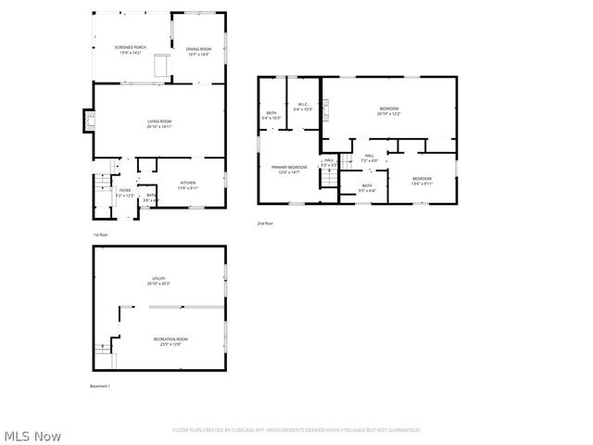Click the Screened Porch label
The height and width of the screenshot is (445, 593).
(130, 50)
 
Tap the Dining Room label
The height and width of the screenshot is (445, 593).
(198, 52)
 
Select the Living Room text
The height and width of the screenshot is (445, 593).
(160, 123)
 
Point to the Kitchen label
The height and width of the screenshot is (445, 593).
(187, 184)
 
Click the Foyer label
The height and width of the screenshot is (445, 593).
(124, 193)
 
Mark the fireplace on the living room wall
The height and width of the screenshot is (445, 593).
(89, 119)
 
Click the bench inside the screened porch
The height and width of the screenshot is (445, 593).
(161, 66)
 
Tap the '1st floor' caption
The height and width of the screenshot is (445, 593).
(100, 235)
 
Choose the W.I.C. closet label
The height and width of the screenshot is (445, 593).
(303, 107)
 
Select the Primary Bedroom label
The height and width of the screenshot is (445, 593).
(288, 170)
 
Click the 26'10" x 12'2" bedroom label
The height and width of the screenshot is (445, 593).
(389, 111)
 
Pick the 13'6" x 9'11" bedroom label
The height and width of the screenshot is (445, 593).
(422, 180)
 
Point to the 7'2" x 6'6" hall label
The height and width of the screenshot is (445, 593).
(369, 158)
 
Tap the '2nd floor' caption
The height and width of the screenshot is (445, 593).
(266, 223)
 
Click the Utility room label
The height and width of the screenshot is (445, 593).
(158, 280)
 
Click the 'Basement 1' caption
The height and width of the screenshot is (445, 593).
(100, 386)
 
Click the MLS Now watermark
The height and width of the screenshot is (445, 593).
(33, 435)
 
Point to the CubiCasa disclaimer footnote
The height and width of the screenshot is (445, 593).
(296, 430)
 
